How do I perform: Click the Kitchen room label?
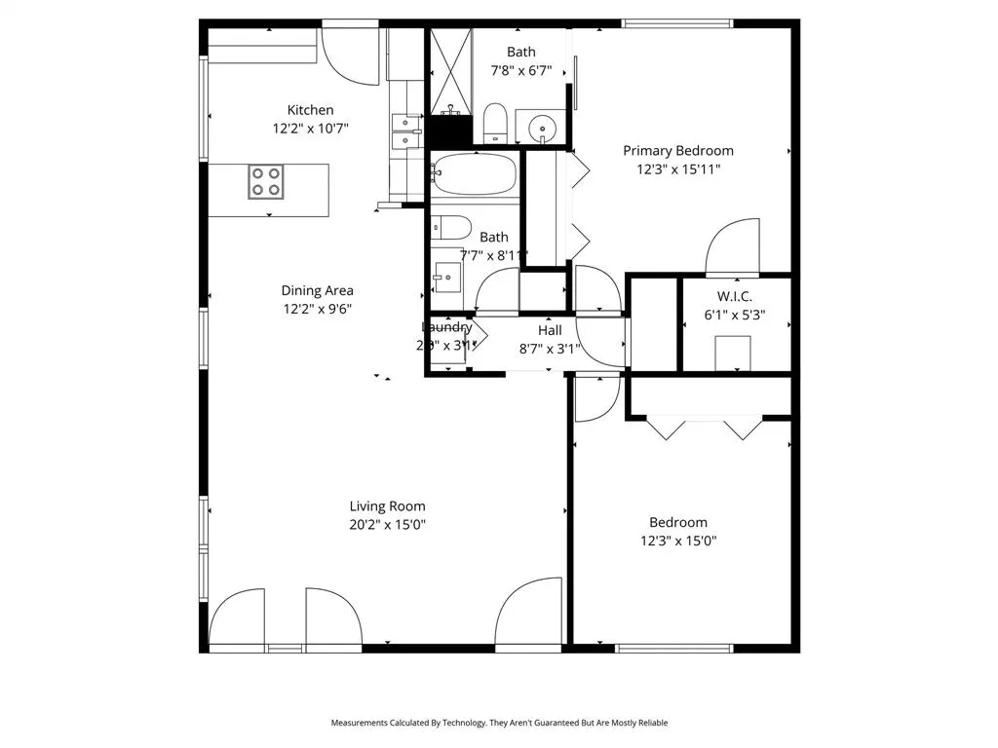(310, 110)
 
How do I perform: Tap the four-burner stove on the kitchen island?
(266, 182)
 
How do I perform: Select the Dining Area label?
(317, 290)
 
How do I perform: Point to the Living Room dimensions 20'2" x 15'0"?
(388, 524)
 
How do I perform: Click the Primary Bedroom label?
(678, 150)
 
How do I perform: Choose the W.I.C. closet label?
(734, 296)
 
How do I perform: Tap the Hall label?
(550, 330)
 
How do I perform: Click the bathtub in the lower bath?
(474, 175)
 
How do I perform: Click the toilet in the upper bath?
(495, 124)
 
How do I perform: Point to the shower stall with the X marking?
(449, 73)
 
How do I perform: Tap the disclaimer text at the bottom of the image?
(499, 723)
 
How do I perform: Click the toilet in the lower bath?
(451, 228)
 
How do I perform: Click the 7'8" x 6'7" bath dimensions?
(520, 70)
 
